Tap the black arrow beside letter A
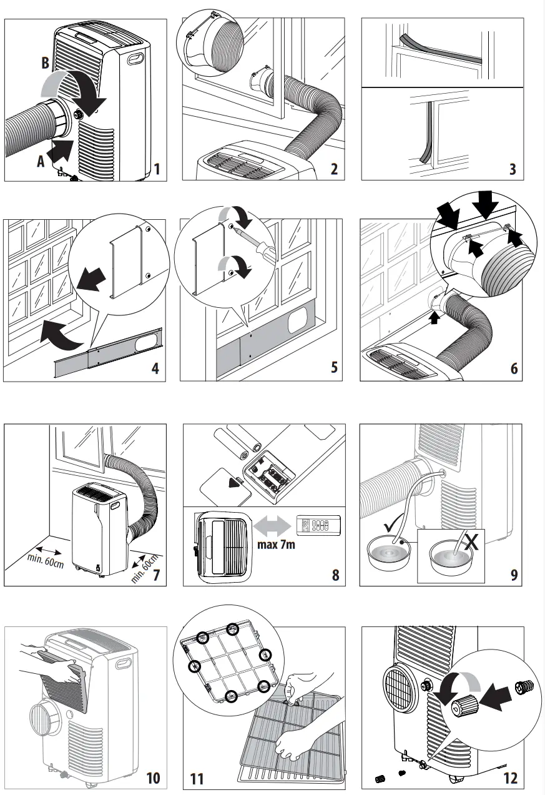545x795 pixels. [64, 150]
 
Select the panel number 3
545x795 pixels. [513, 169]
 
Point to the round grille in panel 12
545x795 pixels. [399, 688]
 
